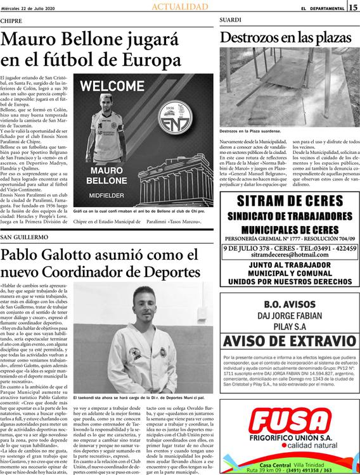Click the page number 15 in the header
pyautogui.click(x=353, y=7)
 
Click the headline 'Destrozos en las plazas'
pyautogui.click(x=287, y=37)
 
